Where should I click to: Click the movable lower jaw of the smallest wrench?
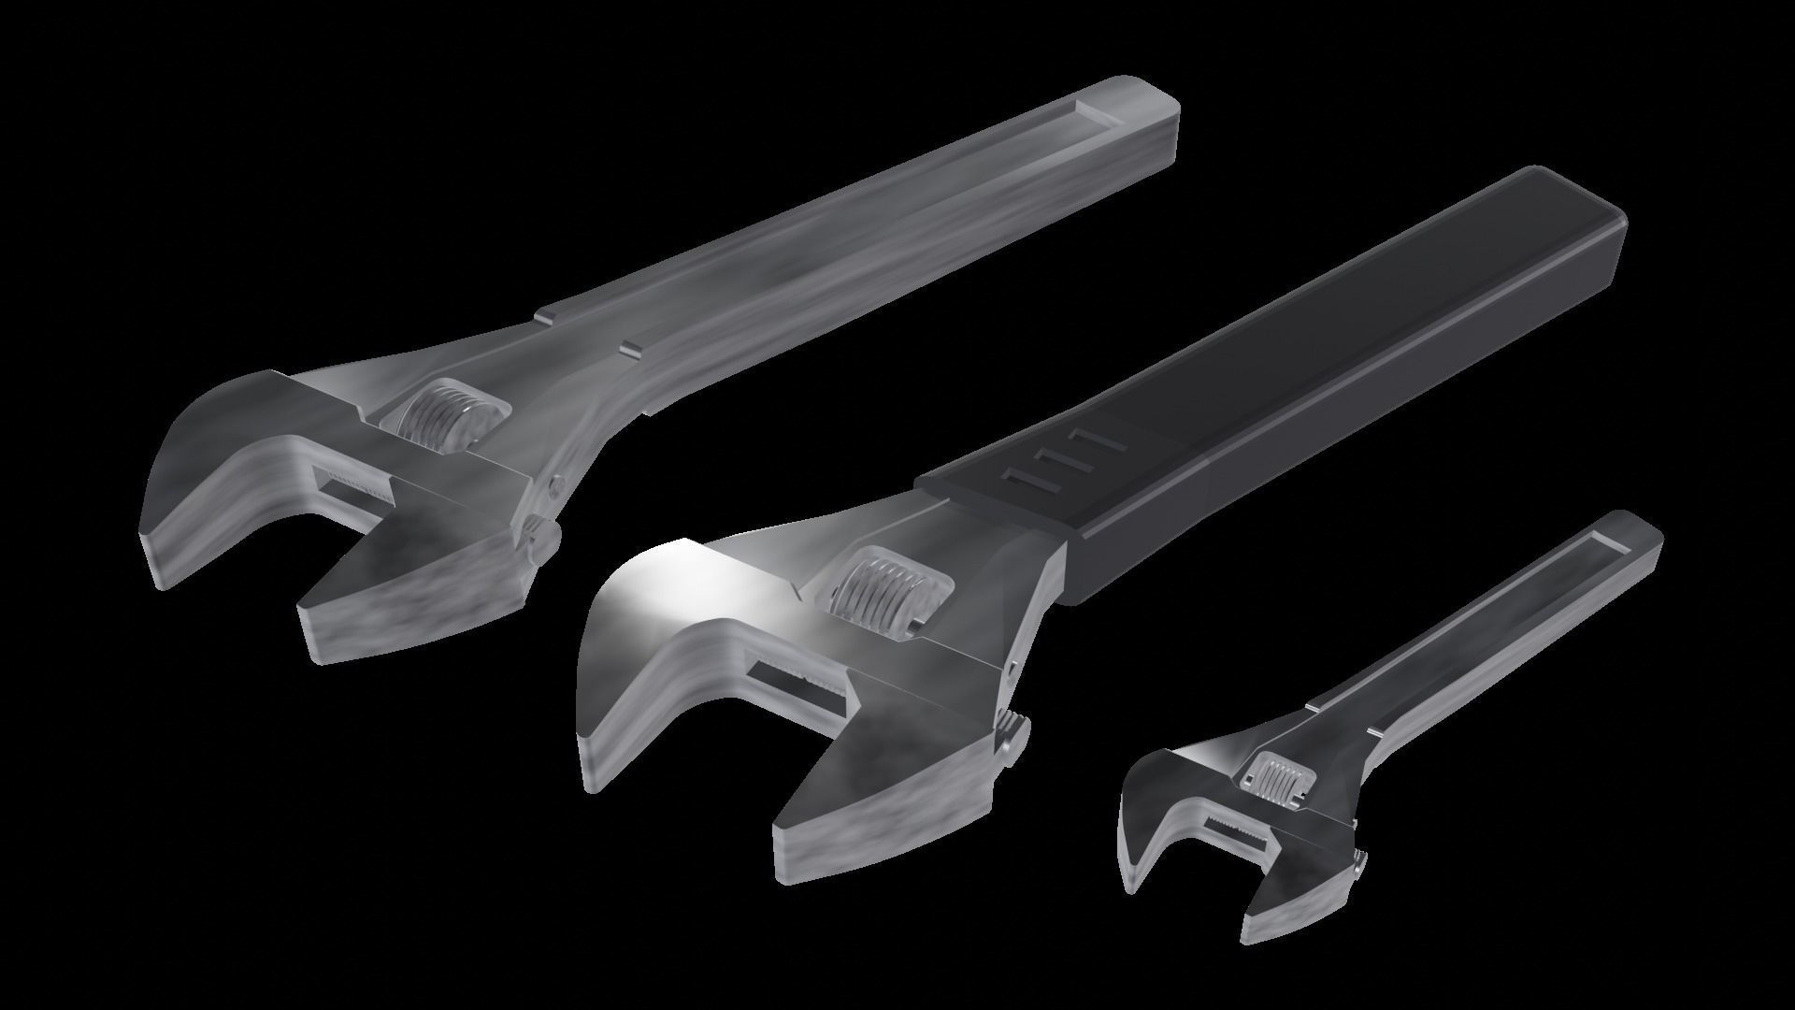coord(1300,898)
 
